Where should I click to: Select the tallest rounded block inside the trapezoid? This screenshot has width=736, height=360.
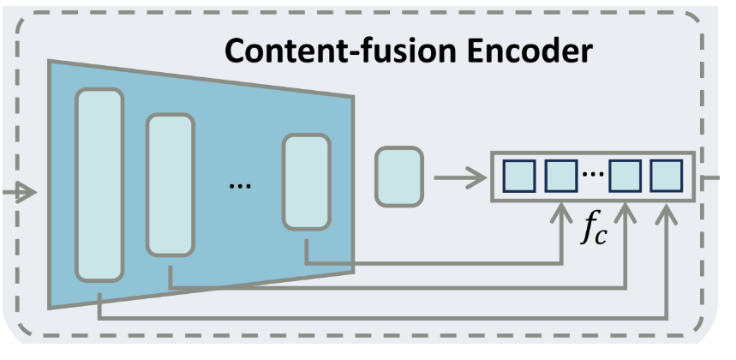100,183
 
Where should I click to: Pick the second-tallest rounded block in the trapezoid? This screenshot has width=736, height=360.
171,185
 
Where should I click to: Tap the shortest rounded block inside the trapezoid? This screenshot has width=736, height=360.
306,181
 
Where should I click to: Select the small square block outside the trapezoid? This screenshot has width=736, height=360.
399,177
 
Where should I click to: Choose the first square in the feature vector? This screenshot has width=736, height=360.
518,176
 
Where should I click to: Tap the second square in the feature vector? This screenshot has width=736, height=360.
559,176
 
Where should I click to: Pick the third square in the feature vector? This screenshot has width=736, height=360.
625,176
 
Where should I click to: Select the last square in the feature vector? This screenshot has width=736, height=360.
666,176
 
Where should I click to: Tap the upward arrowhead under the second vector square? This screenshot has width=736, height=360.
561,210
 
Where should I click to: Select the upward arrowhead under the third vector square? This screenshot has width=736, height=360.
626,210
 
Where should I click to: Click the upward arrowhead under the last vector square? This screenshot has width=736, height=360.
667,210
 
